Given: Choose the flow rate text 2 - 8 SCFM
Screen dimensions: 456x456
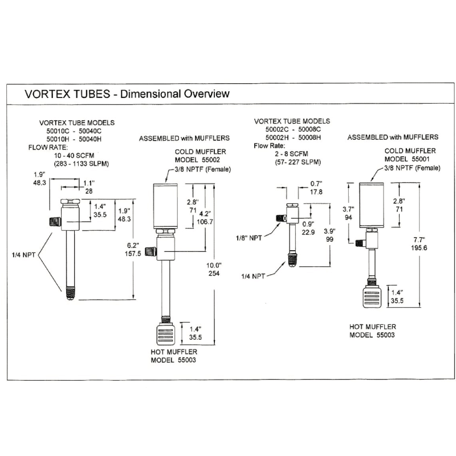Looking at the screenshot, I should pos(291,154).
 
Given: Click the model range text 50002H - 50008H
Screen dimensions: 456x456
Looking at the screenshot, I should pos(294,137).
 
